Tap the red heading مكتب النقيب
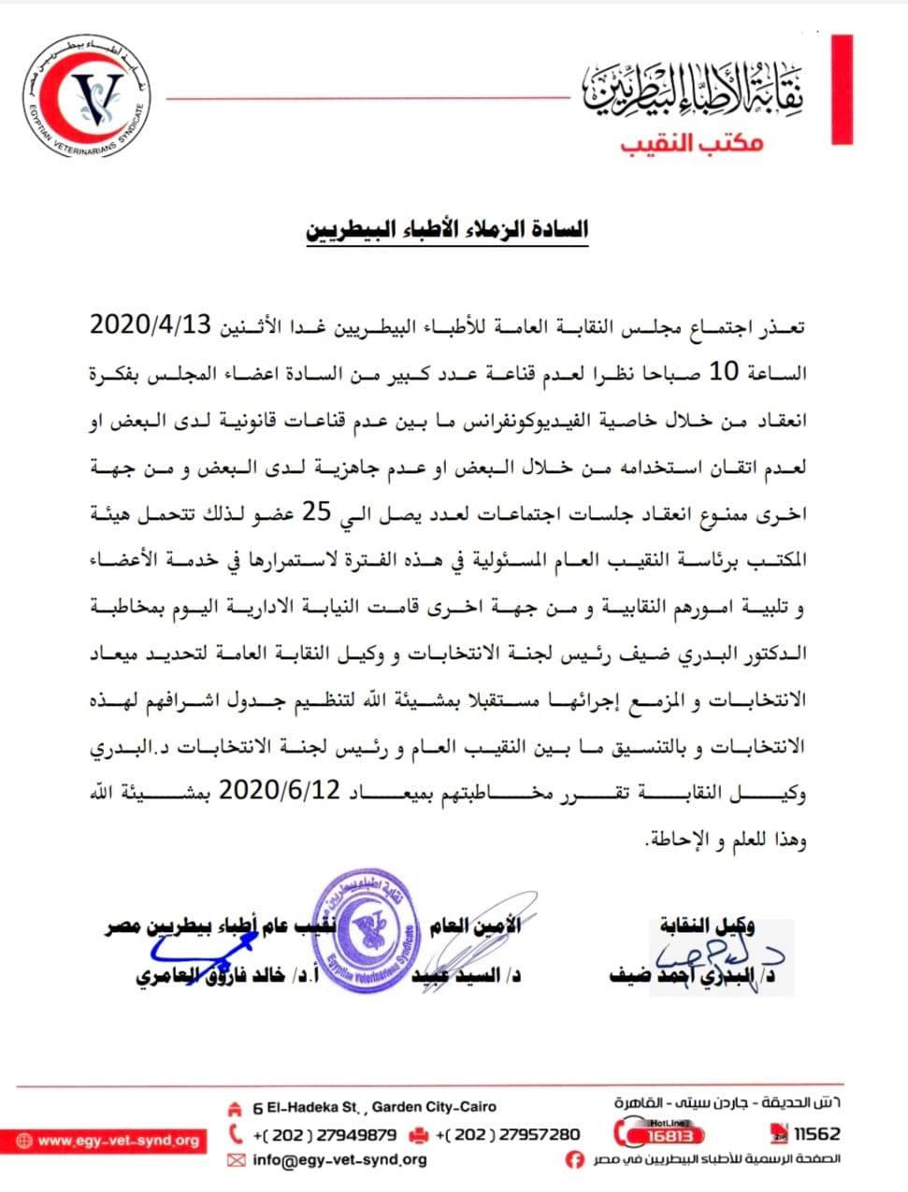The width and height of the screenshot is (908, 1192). pos(692,143)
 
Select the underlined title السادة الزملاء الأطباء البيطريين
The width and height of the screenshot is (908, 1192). pos(447,229)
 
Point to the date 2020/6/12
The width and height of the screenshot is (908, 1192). pos(280,792)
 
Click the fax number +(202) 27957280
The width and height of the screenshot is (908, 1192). pos(508,1134)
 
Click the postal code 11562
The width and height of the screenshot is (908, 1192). pos(816,1134)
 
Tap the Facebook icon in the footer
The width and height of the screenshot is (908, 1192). pos(575,1159)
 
